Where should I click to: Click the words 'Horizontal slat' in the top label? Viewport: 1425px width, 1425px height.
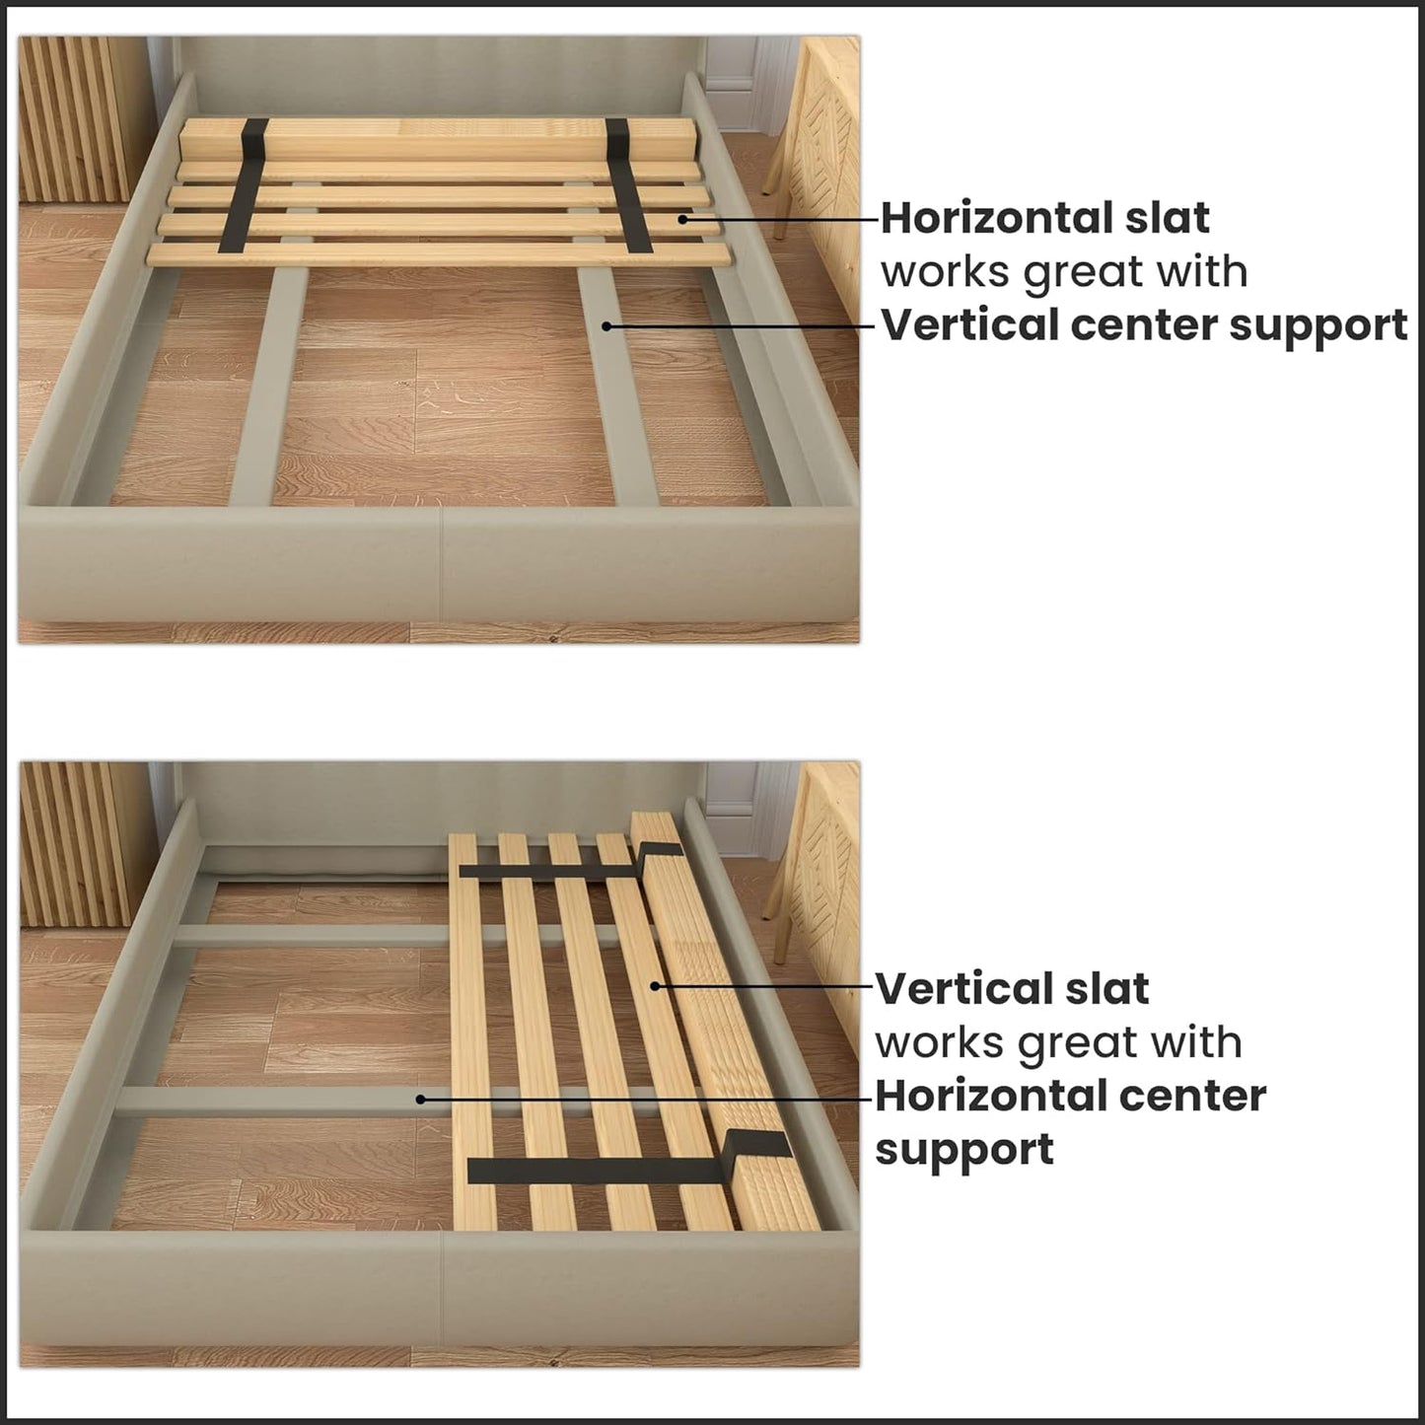[x=1044, y=218]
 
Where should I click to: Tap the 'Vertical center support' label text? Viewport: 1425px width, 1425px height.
[x=1144, y=325]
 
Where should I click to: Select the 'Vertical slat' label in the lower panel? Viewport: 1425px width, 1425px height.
[x=1012, y=988]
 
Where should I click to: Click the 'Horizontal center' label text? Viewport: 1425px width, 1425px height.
[x=1070, y=1096]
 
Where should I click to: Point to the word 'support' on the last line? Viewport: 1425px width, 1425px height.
[x=963, y=1150]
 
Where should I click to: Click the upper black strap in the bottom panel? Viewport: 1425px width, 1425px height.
[x=552, y=869]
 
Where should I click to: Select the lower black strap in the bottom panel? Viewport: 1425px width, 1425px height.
[x=602, y=1170]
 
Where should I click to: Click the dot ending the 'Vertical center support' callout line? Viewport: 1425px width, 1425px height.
[x=609, y=325]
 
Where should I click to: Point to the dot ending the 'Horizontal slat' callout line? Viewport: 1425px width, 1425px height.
[x=681, y=218]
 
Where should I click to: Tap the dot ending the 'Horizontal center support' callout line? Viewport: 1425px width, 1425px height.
[x=420, y=1098]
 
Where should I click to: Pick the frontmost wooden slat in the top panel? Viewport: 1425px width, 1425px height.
[x=439, y=254]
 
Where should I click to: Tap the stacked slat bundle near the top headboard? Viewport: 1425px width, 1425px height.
[x=439, y=138]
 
